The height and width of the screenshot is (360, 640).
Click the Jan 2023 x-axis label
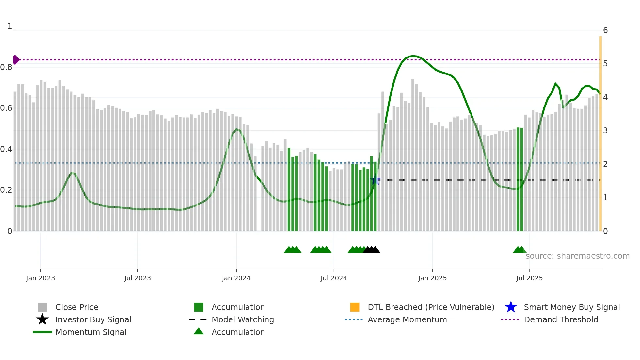(40, 278)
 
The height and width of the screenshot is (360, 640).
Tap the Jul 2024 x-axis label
(334, 278)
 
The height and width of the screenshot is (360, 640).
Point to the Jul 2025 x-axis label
(529, 278)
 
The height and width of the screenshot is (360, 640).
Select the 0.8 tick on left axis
(6, 67)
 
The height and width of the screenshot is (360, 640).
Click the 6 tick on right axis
(605, 30)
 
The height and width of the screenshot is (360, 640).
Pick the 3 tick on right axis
(605, 131)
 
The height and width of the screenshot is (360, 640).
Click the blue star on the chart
(375, 180)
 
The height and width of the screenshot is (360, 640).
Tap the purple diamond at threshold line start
(16, 60)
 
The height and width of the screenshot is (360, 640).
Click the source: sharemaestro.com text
(577, 256)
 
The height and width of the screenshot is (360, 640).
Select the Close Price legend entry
(77, 307)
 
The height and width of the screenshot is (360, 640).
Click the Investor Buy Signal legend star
(42, 319)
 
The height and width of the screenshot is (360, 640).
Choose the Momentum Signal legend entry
(91, 332)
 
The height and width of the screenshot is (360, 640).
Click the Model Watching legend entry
(243, 319)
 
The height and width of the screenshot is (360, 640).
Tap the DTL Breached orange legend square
(355, 307)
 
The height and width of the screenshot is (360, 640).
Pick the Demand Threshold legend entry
(561, 319)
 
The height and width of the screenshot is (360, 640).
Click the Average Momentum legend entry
(407, 319)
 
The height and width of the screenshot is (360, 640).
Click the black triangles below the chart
(372, 250)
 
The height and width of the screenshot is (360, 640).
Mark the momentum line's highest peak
(413, 56)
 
